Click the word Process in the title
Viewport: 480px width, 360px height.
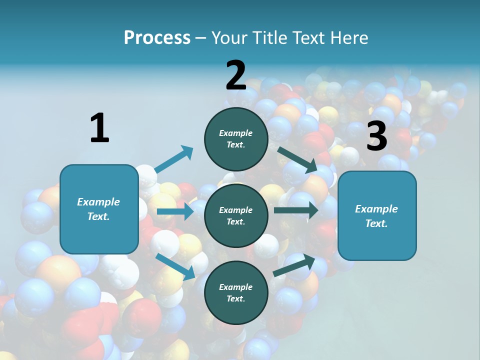click(157, 37)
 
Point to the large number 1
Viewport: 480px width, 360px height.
click(99, 128)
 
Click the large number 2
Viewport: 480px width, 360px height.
click(236, 75)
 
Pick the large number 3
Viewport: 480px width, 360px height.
click(376, 136)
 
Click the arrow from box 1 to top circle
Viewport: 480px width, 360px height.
click(173, 159)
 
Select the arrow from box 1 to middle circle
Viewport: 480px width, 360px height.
click(175, 211)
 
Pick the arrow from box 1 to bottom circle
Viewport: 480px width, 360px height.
click(175, 266)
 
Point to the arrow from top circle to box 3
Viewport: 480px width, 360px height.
click(297, 159)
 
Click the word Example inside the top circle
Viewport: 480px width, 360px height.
click(236, 133)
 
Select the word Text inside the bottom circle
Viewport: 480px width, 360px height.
click(235, 299)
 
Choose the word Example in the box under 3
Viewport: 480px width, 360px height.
click(376, 209)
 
